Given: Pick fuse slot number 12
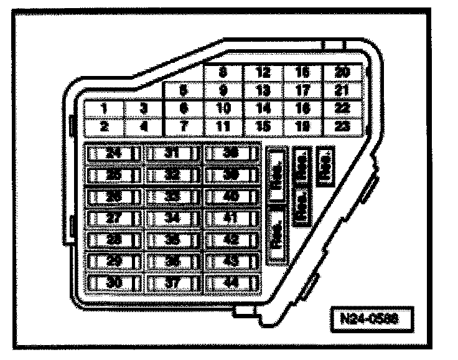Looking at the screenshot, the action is point(263,72).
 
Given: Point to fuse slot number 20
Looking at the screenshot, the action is point(342,72).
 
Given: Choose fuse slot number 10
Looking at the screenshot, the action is point(223,108).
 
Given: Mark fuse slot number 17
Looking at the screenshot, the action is point(303,90).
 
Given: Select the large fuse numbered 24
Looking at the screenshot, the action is point(113,153).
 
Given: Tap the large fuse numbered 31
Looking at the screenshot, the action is point(172,153).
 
